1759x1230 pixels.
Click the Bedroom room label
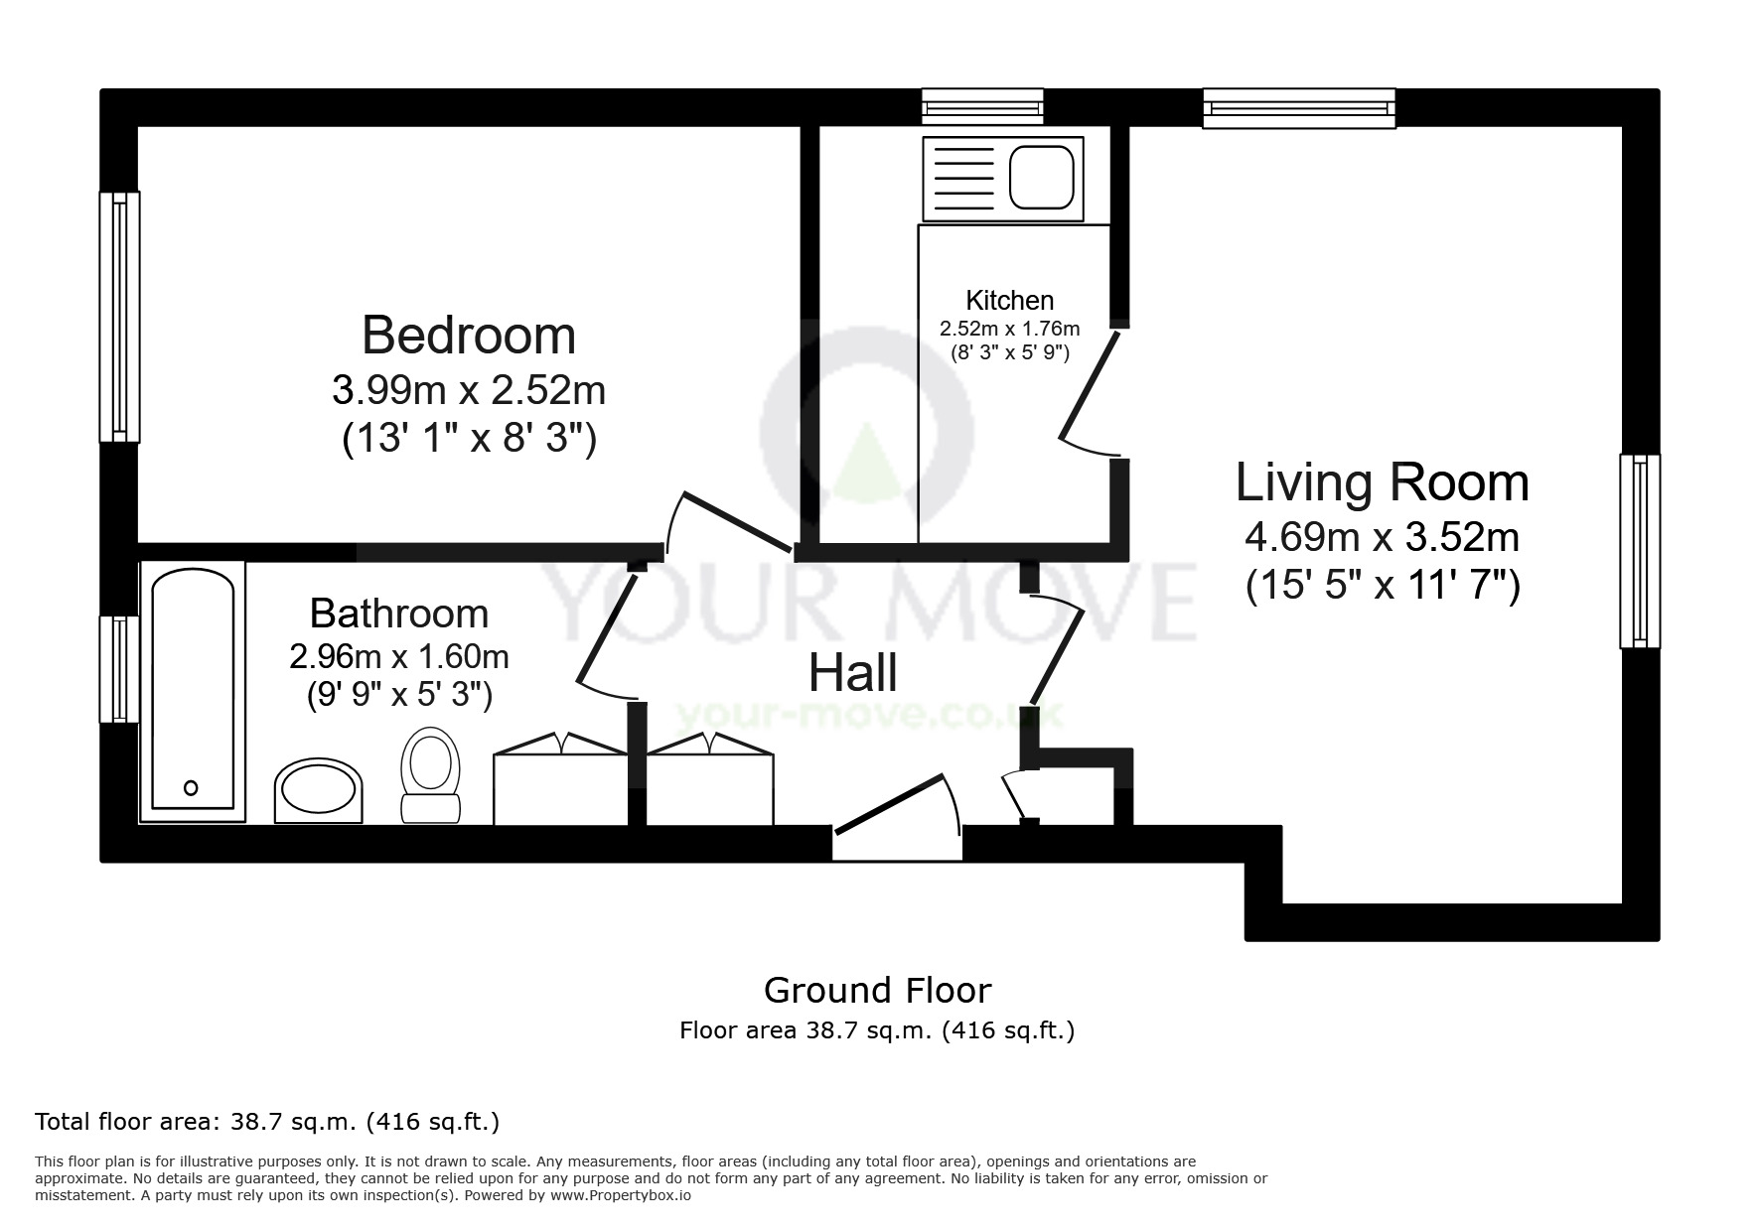coord(469,336)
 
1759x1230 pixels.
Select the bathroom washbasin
coord(318,791)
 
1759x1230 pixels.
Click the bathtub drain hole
coord(192,787)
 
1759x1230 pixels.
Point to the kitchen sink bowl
coord(1042,178)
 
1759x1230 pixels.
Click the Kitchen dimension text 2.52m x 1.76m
coord(1009,329)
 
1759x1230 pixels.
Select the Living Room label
coord(1382,482)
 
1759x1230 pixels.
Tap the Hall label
coord(853,673)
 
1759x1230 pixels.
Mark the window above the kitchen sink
coord(982,106)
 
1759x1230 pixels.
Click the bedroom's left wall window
coord(119,316)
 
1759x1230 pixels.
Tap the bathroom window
coord(119,668)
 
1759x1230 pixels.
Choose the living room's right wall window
coord(1639,551)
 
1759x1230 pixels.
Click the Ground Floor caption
coord(877,990)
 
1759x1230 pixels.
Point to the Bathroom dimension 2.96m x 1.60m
coord(399,656)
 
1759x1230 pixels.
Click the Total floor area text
coord(266,1122)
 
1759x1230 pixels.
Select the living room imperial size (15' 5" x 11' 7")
coord(1383,586)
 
